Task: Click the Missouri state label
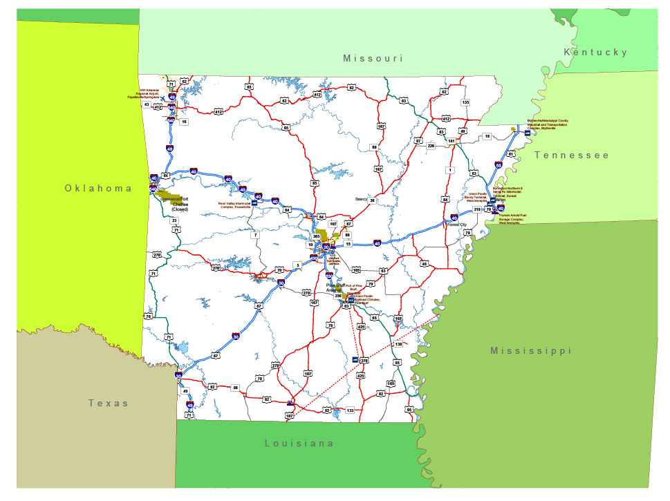pyautogui.click(x=373, y=59)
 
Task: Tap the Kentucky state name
pyautogui.click(x=595, y=53)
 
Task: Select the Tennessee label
pyautogui.click(x=572, y=155)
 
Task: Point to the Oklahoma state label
pyautogui.click(x=98, y=188)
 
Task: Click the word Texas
pyautogui.click(x=109, y=403)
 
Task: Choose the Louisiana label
pyautogui.click(x=299, y=443)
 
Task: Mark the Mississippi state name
pyautogui.click(x=531, y=351)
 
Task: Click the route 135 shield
pyautogui.click(x=465, y=102)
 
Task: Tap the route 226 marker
pyautogui.click(x=431, y=146)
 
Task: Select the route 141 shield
pyautogui.click(x=451, y=141)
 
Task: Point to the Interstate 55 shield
pyautogui.click(x=499, y=165)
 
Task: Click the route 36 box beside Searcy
pyautogui.click(x=372, y=200)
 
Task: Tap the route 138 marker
pyautogui.click(x=398, y=344)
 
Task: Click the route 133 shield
pyautogui.click(x=350, y=410)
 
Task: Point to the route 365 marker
pyautogui.click(x=317, y=236)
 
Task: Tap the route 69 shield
pyautogui.click(x=374, y=147)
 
